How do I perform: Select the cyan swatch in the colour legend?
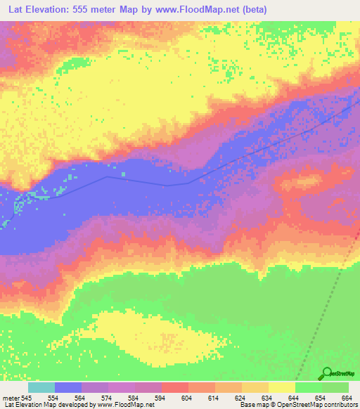41,387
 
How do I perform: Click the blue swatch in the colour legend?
68,387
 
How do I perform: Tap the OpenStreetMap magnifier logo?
326,374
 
